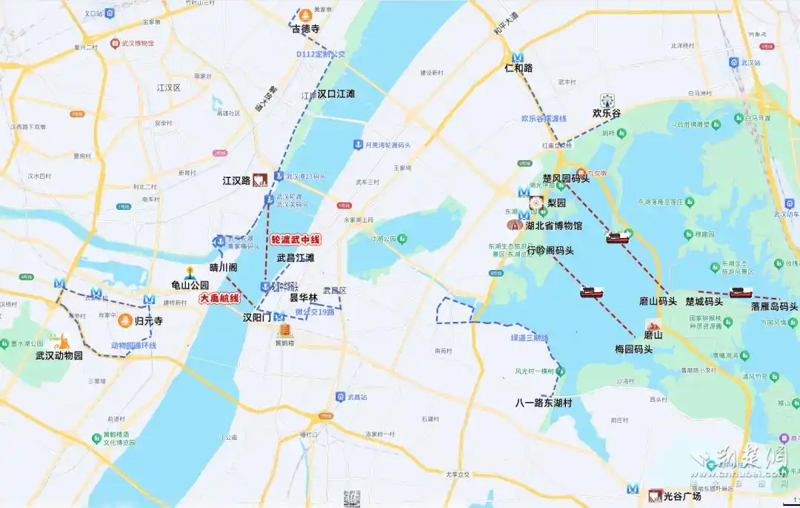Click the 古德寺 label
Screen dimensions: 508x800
pyautogui.click(x=305, y=29)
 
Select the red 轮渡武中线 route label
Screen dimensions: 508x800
pyautogui.click(x=296, y=240)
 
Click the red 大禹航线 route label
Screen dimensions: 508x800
pyautogui.click(x=220, y=298)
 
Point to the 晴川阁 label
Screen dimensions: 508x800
pyautogui.click(x=224, y=268)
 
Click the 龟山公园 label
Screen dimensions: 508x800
pyautogui.click(x=190, y=285)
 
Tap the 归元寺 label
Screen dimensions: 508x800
pyautogui.click(x=149, y=321)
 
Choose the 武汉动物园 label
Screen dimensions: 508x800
pyautogui.click(x=59, y=355)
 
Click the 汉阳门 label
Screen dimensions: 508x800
pyautogui.click(x=258, y=317)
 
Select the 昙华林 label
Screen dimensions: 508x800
pyautogui.click(x=304, y=297)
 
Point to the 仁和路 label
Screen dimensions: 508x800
pyautogui.click(x=519, y=68)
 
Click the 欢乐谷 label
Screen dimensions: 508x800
pyautogui.click(x=607, y=113)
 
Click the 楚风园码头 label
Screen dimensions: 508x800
pyautogui.click(x=566, y=178)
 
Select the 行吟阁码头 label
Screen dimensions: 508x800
pyautogui.click(x=550, y=251)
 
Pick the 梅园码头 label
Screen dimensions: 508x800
pyautogui.click(x=634, y=349)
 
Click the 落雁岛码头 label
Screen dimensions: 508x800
pyautogui.click(x=774, y=306)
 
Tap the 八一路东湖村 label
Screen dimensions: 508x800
pyautogui.click(x=544, y=403)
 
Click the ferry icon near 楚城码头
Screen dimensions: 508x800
pyautogui.click(x=741, y=292)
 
